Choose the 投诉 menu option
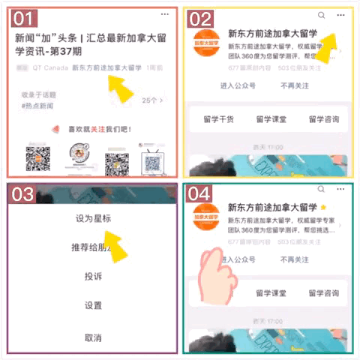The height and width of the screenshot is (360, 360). pyautogui.click(x=93, y=277)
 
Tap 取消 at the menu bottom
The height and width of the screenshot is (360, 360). pyautogui.click(x=93, y=337)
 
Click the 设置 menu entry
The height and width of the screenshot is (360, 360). pyautogui.click(x=93, y=306)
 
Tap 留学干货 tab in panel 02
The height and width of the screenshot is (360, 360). pyautogui.click(x=219, y=119)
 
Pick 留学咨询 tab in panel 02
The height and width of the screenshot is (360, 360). pyautogui.click(x=324, y=119)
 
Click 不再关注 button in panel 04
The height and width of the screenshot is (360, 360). pyautogui.click(x=293, y=260)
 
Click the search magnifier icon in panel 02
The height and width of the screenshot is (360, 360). pyautogui.click(x=322, y=16)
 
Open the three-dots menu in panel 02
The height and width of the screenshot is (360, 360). pyautogui.click(x=341, y=16)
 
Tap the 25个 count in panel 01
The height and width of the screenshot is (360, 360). pyautogui.click(x=151, y=100)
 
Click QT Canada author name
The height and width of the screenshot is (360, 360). pyautogui.click(x=50, y=67)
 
